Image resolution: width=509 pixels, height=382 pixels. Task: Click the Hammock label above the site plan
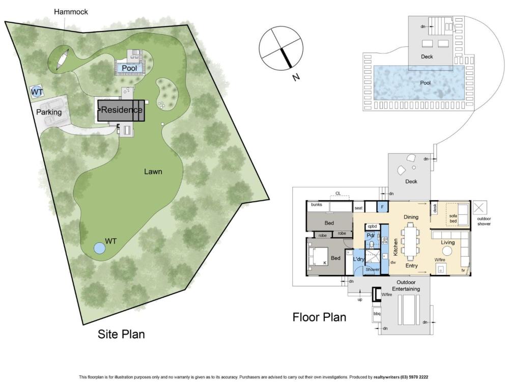tap(71, 12)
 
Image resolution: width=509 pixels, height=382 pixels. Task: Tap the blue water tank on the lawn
tap(100, 249)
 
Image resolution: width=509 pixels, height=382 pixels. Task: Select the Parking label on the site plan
tap(49, 112)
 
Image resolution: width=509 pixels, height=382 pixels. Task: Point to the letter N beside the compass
tap(296, 77)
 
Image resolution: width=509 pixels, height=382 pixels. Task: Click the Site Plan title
tap(121, 334)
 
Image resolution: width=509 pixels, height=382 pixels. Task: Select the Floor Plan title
tap(320, 317)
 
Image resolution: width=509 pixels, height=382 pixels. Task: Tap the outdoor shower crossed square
tap(480, 208)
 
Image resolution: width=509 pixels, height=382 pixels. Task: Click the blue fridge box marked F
tap(382, 207)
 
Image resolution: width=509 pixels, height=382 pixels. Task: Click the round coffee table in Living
tap(447, 251)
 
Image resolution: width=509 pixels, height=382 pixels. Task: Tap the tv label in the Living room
tap(463, 270)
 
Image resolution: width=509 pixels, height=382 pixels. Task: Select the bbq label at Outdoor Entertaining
tap(377, 313)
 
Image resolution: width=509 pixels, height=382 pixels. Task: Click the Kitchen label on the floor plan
tap(395, 247)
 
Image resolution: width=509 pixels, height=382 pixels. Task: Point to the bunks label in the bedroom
tap(317, 205)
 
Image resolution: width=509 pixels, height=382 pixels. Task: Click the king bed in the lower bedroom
tap(318, 257)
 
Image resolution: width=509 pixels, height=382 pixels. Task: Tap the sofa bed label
tap(453, 219)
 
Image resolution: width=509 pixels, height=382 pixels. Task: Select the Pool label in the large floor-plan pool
tap(425, 83)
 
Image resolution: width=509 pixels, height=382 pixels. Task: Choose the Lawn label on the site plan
tap(153, 172)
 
